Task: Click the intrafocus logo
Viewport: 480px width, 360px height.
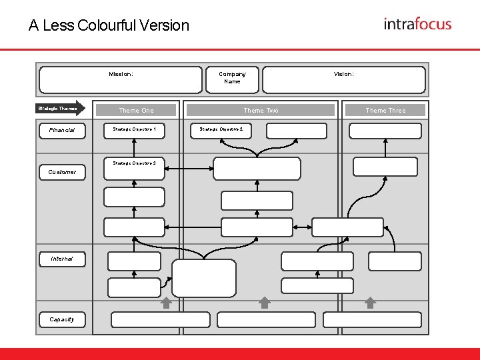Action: [x=417, y=24]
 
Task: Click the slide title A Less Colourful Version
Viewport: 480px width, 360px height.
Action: [x=109, y=25]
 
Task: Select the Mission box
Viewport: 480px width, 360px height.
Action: [x=121, y=79]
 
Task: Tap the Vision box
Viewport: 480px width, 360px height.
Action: [x=343, y=79]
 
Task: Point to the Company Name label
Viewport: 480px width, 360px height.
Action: [x=232, y=78]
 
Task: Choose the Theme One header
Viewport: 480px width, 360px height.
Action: [x=136, y=110]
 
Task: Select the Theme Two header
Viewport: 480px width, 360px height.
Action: [x=261, y=110]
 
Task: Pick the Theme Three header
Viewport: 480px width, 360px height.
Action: [x=385, y=110]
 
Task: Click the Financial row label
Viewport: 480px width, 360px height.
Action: [x=61, y=130]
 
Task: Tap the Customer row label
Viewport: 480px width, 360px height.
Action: [x=62, y=172]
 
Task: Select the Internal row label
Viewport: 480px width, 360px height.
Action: [x=61, y=259]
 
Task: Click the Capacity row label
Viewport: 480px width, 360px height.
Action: [x=61, y=319]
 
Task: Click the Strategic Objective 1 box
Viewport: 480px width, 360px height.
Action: [x=135, y=129]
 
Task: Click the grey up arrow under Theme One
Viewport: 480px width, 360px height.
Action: [x=166, y=303]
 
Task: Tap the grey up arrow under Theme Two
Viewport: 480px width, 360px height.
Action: [x=265, y=303]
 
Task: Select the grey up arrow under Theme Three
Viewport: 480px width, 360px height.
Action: [x=371, y=303]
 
